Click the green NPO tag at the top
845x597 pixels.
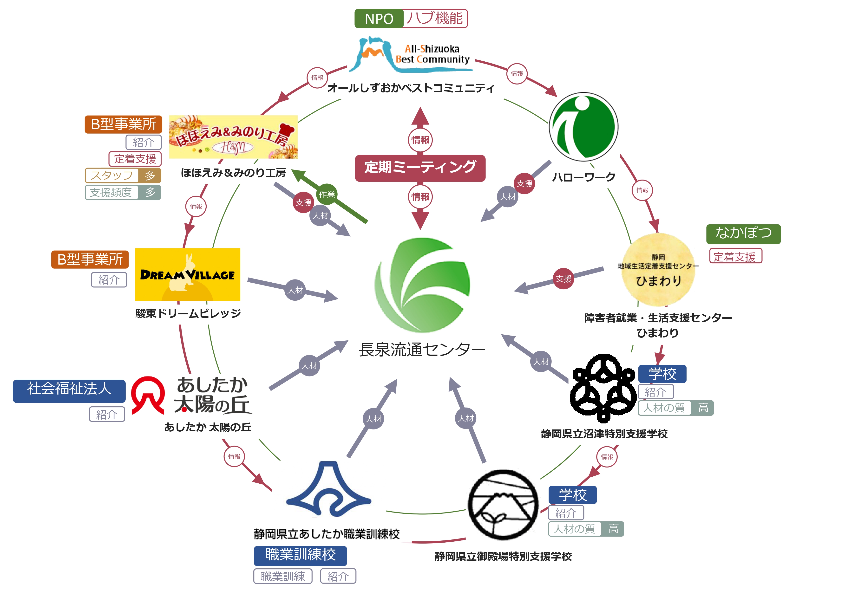379,19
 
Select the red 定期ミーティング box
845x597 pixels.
420,168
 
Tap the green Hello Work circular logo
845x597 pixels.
583,127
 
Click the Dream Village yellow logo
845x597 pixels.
187,274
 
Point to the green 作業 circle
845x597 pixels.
327,194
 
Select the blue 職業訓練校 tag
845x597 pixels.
300,555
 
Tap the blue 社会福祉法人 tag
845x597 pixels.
69,391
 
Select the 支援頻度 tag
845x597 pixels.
111,192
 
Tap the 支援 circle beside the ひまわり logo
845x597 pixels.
563,279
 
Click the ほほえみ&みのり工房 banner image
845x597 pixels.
233,137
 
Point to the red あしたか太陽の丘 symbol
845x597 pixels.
148,396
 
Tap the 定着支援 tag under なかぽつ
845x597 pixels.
735,256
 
